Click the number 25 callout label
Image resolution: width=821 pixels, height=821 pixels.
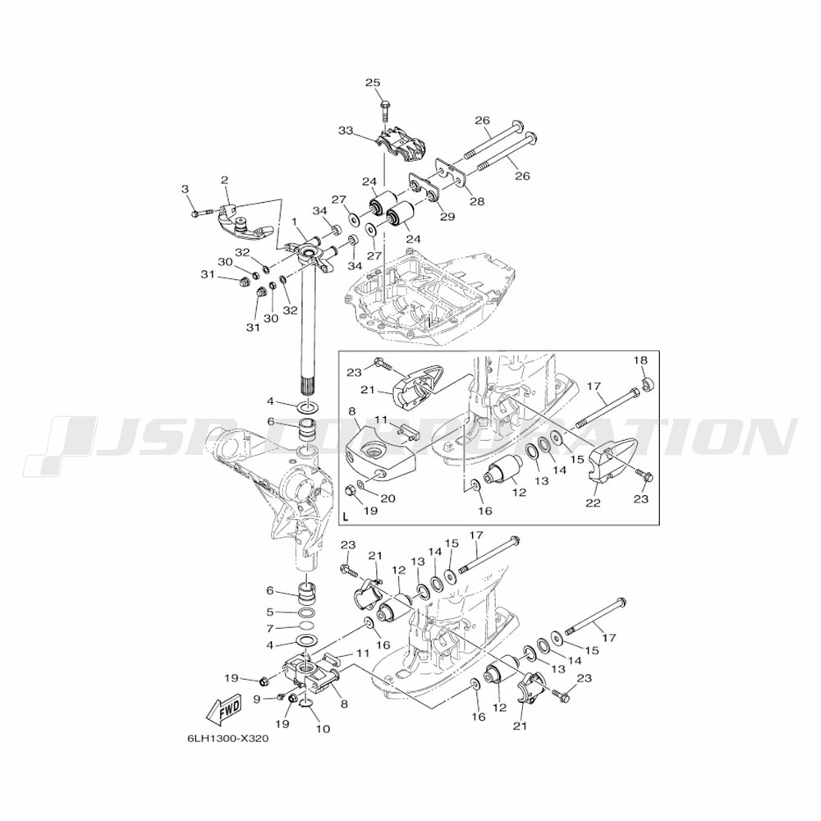374,83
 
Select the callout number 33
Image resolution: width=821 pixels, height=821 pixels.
345,131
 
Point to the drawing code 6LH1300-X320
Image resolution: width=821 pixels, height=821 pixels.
228,737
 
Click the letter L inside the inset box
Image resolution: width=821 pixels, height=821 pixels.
346,517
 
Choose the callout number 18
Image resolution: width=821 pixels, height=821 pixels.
640,360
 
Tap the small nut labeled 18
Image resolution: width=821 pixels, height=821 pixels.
648,383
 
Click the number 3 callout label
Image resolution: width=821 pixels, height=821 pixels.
186,190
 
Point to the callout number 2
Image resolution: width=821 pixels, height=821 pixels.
224,179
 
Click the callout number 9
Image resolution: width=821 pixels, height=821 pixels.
256,698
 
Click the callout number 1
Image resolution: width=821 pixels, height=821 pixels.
293,221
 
